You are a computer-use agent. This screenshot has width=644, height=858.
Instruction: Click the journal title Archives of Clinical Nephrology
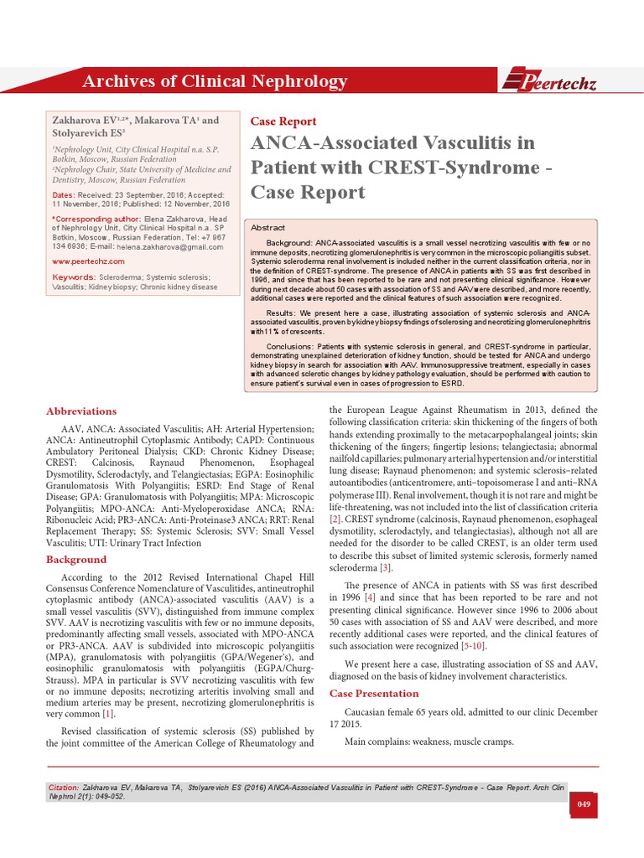(x=214, y=81)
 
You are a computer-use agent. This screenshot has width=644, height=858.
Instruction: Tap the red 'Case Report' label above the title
(x=283, y=121)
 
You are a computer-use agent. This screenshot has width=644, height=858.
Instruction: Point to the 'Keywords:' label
(x=73, y=277)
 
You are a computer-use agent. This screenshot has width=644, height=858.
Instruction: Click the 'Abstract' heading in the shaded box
(x=268, y=228)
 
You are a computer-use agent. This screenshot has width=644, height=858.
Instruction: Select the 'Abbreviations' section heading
(x=81, y=411)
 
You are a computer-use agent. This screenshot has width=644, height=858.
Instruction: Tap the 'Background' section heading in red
(x=76, y=559)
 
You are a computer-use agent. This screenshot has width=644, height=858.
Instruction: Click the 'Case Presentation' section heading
(x=373, y=694)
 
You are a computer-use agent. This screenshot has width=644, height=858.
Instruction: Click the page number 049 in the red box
(x=584, y=804)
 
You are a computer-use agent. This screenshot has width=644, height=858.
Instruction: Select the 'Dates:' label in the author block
(x=64, y=194)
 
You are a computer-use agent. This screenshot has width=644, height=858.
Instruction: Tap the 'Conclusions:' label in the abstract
(x=289, y=345)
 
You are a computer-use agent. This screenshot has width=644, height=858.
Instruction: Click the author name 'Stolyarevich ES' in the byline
(x=85, y=132)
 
